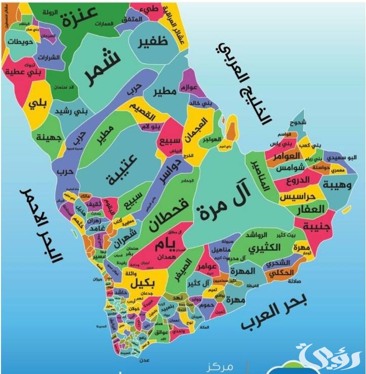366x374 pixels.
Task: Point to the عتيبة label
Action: [124, 169]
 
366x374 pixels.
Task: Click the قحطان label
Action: [169, 212]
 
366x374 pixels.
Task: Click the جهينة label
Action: [48, 137]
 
